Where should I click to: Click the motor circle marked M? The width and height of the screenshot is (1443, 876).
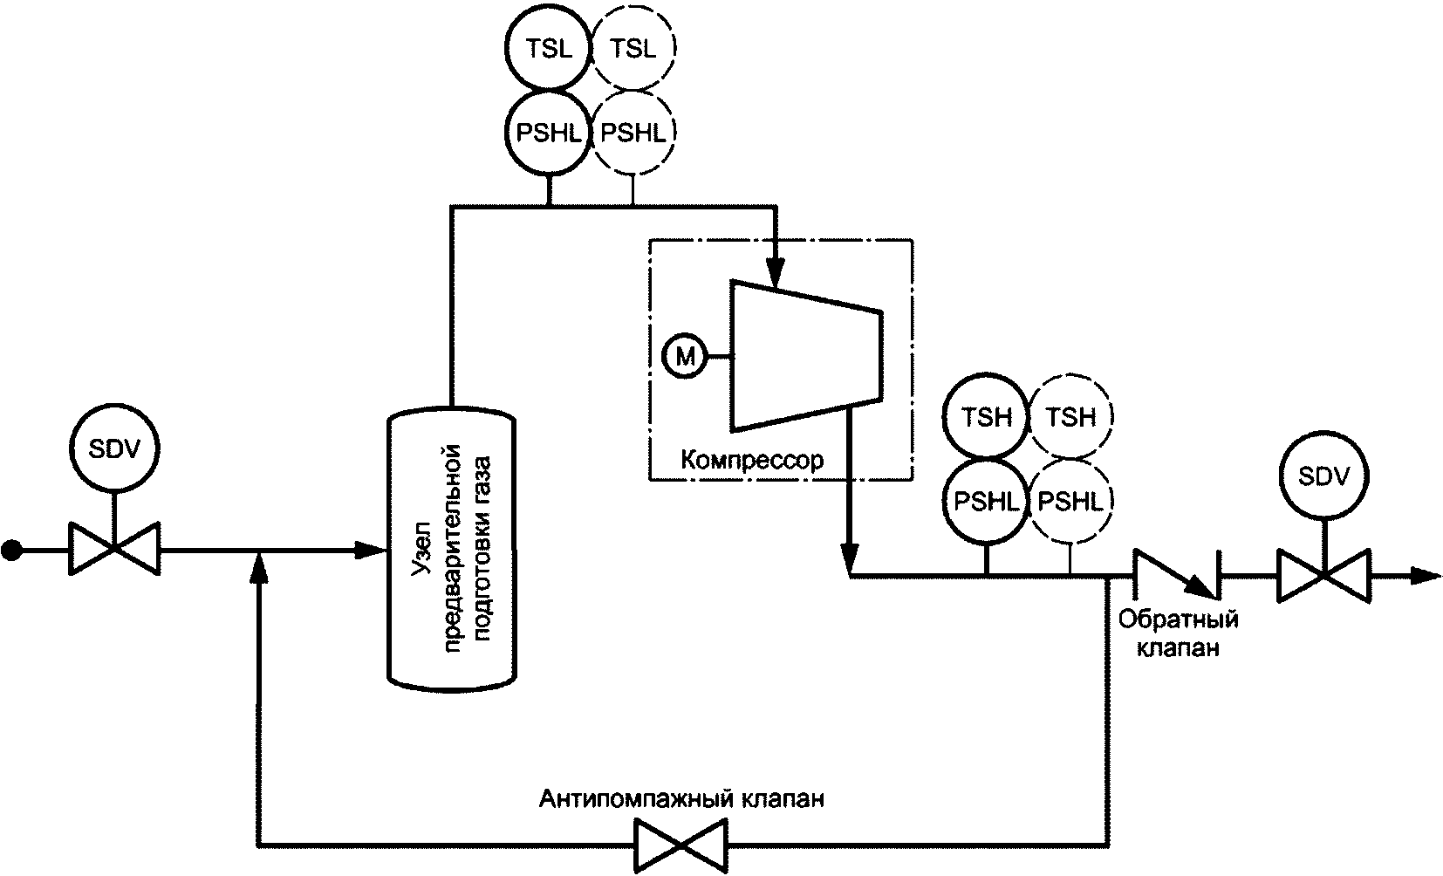(685, 356)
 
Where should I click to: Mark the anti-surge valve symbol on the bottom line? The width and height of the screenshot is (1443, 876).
(680, 845)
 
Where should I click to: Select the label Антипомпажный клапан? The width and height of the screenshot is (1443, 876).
(681, 798)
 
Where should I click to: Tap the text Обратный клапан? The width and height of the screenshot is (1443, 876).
(1179, 633)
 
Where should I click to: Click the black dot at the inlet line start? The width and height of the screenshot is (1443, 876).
(11, 551)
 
